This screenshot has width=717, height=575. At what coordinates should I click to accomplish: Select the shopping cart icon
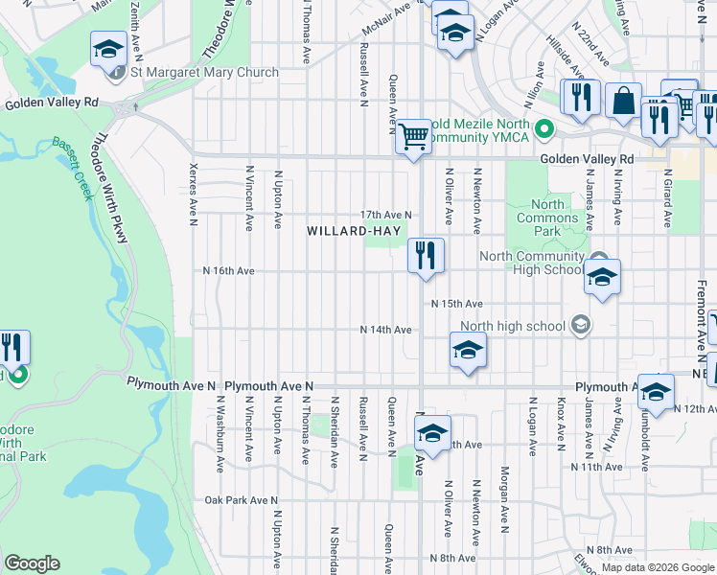pyautogui.click(x=413, y=137)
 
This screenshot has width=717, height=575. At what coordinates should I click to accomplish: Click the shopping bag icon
pyautogui.click(x=623, y=102)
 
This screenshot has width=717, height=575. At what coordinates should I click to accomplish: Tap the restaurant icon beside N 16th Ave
pyautogui.click(x=426, y=256)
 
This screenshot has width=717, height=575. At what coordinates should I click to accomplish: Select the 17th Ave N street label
pyautogui.click(x=386, y=215)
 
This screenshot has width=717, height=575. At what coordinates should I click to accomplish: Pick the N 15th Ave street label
pyautogui.click(x=455, y=304)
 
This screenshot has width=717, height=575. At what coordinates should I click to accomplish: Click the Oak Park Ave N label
pyautogui.click(x=241, y=500)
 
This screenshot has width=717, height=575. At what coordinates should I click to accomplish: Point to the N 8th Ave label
pyautogui.click(x=453, y=558)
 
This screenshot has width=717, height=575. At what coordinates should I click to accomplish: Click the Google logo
pyautogui.click(x=32, y=563)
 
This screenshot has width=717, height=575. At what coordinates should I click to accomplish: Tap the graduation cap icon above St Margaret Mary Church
pyautogui.click(x=109, y=48)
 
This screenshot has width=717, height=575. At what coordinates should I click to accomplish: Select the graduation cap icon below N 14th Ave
pyautogui.click(x=468, y=352)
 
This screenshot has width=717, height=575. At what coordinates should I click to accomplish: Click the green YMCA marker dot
pyautogui.click(x=544, y=127)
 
